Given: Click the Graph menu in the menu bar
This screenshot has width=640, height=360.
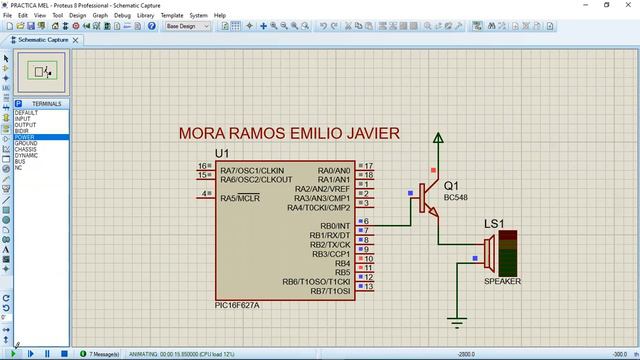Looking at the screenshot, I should [x=100, y=16].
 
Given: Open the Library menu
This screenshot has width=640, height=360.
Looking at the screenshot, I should [x=145, y=16].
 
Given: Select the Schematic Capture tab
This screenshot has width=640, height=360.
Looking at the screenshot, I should [x=40, y=40].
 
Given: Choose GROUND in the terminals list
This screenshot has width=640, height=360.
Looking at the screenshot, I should [x=27, y=144].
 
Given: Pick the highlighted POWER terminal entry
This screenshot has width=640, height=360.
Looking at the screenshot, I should [x=25, y=137].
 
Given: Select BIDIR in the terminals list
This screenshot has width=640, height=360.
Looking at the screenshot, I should [x=23, y=131].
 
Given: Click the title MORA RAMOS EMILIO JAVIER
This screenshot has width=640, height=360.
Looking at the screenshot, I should [x=289, y=133].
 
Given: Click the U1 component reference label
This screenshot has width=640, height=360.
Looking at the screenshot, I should [x=222, y=153].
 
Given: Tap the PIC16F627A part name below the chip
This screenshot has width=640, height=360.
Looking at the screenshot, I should [x=237, y=305].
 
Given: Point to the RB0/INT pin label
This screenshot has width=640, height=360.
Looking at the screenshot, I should [x=329, y=225].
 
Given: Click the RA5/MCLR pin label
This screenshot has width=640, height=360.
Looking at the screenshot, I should [x=240, y=198].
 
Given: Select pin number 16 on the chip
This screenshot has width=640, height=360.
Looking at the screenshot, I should [x=202, y=166].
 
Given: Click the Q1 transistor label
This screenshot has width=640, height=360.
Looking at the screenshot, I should [x=451, y=186].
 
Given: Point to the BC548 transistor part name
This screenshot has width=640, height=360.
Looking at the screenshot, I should [x=455, y=197].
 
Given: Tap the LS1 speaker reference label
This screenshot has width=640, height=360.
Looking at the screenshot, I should [x=494, y=223].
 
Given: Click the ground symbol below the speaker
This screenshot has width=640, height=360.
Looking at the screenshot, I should [x=458, y=320].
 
